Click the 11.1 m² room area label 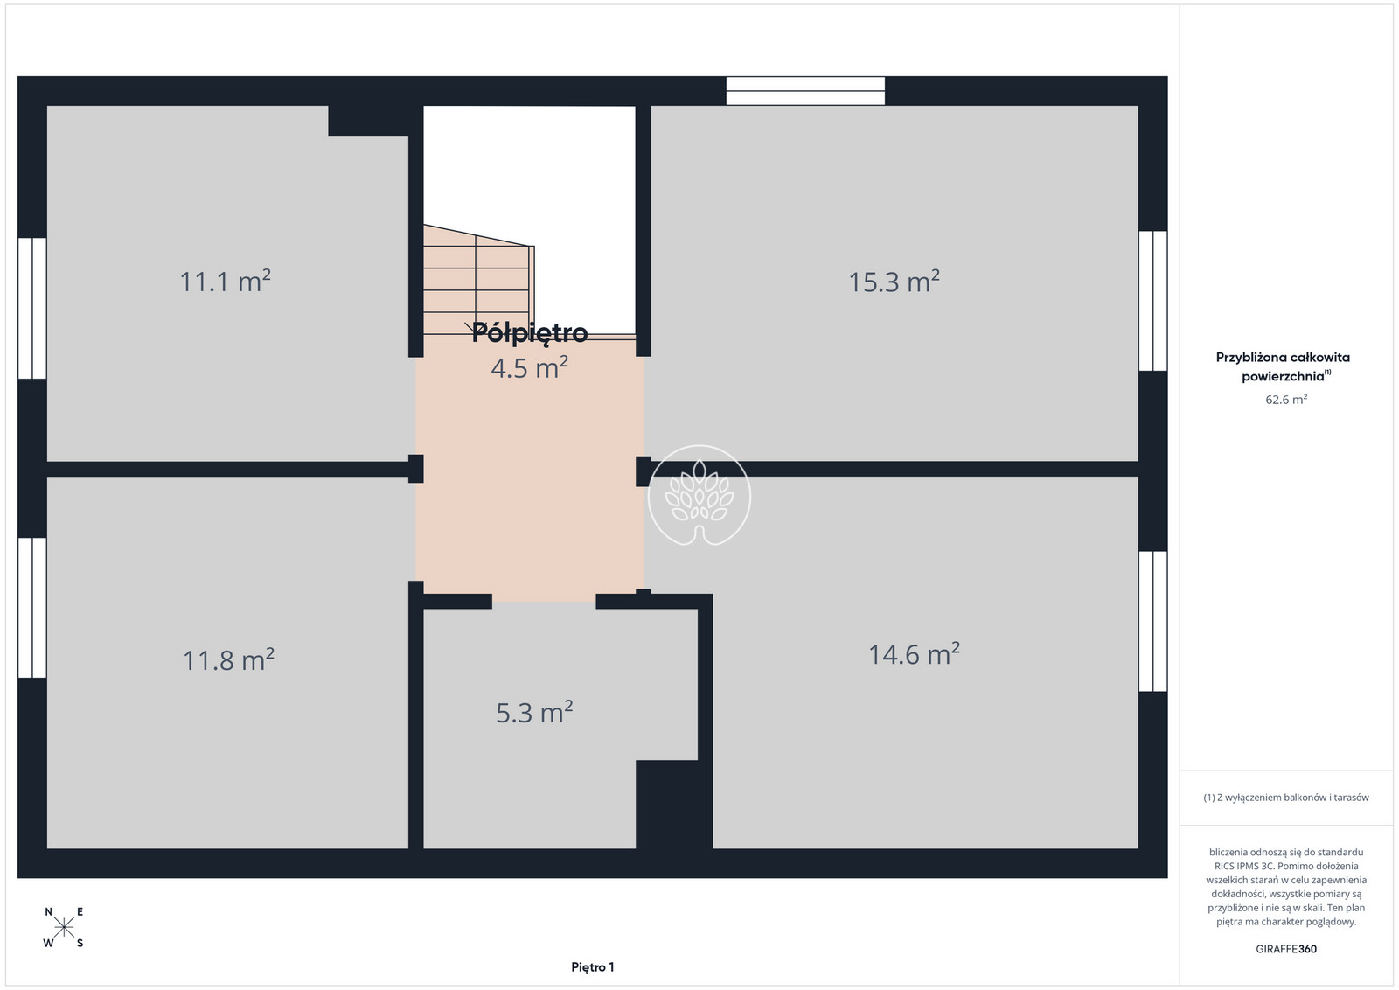[225, 281]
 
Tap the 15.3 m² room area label [894, 281]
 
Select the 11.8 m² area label [228, 659]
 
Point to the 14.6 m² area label [915, 654]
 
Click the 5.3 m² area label [534, 712]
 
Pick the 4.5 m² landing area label [530, 367]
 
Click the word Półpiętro [530, 333]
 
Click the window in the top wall [805, 91]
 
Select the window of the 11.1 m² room [31, 308]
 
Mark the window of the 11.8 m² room [31, 608]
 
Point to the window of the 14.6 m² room [1153, 621]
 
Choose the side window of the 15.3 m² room [1153, 301]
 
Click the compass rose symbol [64, 928]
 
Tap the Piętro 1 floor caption [593, 967]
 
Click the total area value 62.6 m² [1286, 399]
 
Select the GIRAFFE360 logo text [1286, 949]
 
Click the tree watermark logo [699, 495]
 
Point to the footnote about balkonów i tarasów [1286, 798]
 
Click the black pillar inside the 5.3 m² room [667, 805]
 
